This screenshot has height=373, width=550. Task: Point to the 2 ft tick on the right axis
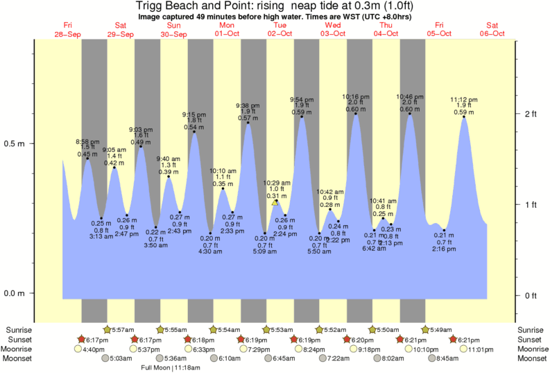pos(517,113)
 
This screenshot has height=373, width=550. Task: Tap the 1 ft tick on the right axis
pos(517,204)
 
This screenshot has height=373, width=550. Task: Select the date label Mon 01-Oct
pos(227,29)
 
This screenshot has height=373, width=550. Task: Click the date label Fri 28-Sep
pos(68,29)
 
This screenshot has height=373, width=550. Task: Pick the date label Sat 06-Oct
pos(491,29)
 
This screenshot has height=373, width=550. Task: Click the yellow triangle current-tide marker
pos(275,202)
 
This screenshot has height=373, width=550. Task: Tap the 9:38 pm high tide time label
pos(248,105)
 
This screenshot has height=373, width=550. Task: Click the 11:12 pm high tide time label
pos(463,99)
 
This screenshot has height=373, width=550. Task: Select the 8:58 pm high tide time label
pos(87,141)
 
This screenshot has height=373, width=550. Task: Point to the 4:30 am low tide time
pos(210,251)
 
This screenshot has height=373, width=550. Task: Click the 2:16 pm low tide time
pos(444,249)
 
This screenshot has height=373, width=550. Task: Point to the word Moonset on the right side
pos(531,359)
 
